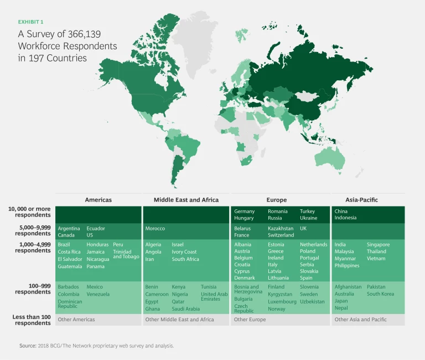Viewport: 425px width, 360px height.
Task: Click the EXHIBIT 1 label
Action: tap(31, 22)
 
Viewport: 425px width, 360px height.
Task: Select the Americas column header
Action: tap(98, 199)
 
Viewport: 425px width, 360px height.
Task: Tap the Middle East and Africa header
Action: tap(186, 199)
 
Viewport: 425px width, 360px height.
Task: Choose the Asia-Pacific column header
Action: tap(362, 199)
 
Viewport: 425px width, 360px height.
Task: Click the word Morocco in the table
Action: tap(155, 228)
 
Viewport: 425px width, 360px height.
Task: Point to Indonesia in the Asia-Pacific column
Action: tap(346, 218)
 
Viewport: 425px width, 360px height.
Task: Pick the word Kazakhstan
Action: tap(281, 228)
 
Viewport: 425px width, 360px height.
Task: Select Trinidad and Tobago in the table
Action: tap(126, 254)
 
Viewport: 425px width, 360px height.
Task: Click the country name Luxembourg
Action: tap(282, 302)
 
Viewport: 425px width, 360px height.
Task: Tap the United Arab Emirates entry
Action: tap(214, 296)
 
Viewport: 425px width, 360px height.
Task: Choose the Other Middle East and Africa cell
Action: tap(179, 320)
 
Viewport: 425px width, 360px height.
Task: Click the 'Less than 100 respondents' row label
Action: tap(32, 320)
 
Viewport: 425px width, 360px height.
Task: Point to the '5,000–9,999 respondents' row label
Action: tap(32, 230)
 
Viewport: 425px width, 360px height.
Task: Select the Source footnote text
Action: tap(97, 346)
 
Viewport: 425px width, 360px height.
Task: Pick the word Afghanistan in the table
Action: tap(348, 287)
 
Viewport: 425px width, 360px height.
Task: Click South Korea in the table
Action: tap(380, 294)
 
